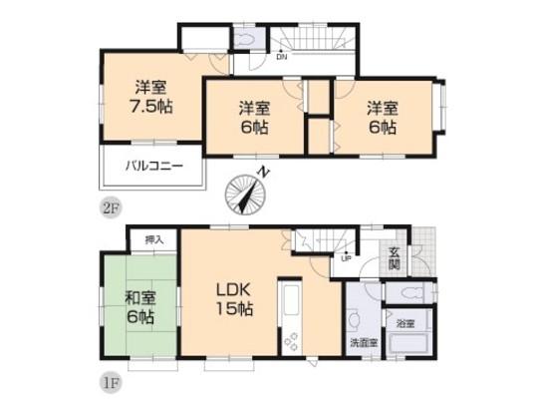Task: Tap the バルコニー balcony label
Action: (152, 167)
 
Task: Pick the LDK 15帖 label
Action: (235, 299)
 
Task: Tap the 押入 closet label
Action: (152, 240)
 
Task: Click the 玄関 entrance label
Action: (396, 257)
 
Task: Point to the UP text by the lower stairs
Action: (345, 257)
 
